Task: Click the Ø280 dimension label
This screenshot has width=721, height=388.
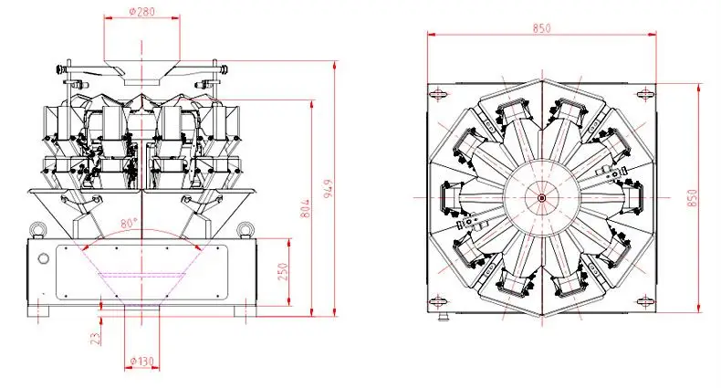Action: click(x=143, y=13)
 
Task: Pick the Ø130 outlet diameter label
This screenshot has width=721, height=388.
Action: click(x=142, y=360)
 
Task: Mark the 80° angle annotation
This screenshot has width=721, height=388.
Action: click(x=127, y=222)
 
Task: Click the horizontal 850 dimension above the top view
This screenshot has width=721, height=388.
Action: click(x=542, y=28)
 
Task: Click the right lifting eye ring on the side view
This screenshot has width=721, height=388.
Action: click(x=245, y=228)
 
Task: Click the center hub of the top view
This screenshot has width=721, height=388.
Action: click(x=541, y=197)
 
